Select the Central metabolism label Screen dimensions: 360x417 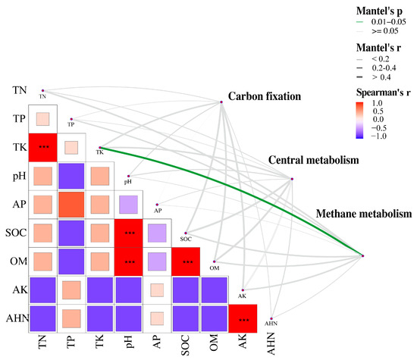313,161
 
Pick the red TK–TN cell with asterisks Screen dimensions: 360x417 43,147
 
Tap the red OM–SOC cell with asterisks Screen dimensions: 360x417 186,261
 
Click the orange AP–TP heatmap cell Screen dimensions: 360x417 72,204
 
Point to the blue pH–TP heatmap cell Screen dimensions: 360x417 72,176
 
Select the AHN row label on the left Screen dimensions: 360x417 17,318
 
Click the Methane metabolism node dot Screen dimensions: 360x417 363,256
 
